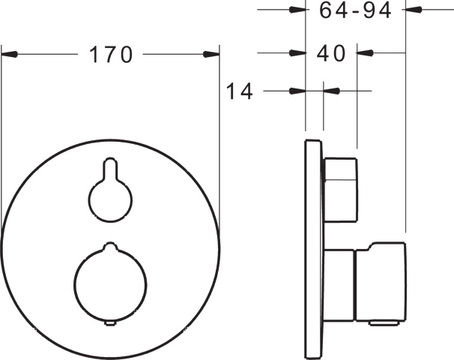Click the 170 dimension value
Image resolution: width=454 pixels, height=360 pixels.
pos(111,55)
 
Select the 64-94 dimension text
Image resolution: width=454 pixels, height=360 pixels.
pos(355,10)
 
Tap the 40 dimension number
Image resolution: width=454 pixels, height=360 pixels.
pos(331,53)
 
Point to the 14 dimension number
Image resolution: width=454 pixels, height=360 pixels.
pos(239,91)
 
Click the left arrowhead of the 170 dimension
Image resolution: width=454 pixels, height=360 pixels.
pos(9,54)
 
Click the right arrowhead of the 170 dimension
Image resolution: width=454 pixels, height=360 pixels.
pos(211,54)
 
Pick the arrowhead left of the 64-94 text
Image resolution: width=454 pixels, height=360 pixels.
pos(297,10)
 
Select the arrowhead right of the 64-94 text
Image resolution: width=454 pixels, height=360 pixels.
pos(414,10)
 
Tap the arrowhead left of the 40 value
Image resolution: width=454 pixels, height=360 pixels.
pos(297,53)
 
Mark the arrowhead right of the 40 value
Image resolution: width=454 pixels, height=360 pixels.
pos(365,53)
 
